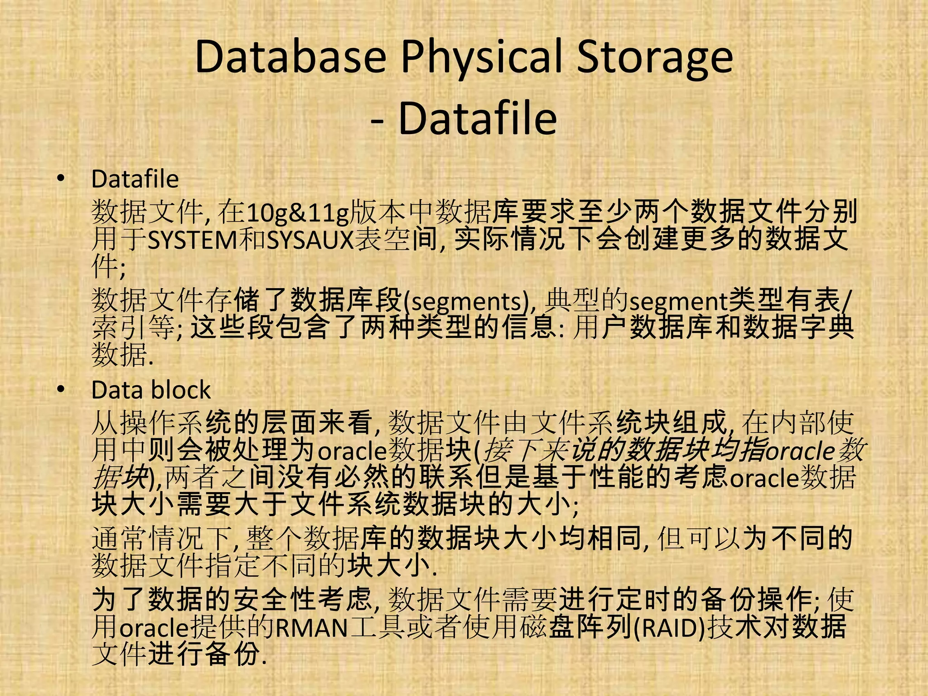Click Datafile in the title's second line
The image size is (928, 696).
pyautogui.click(x=477, y=119)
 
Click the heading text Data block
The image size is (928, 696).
pyautogui.click(x=151, y=390)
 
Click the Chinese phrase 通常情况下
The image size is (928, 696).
pyautogui.click(x=163, y=538)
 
